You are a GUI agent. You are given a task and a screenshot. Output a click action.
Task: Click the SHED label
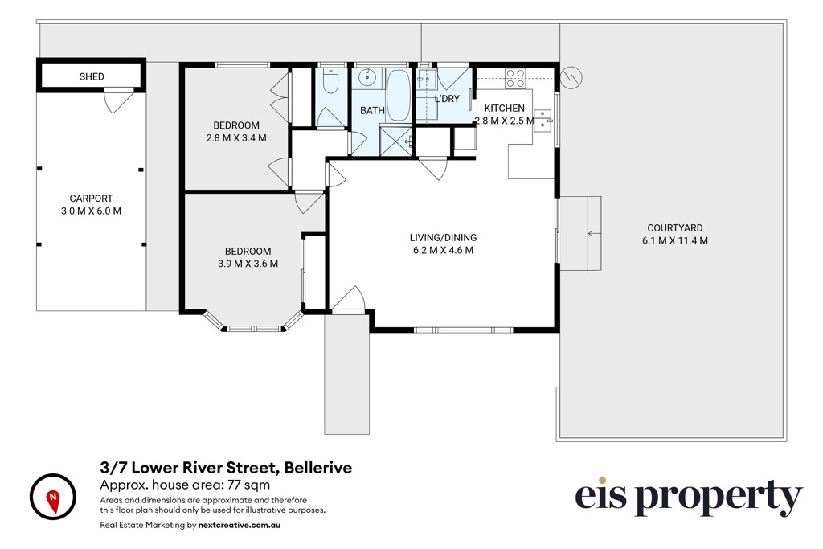(92, 76)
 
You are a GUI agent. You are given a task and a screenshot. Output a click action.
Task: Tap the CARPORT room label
(91, 199)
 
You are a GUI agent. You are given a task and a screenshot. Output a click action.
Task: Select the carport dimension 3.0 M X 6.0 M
(91, 211)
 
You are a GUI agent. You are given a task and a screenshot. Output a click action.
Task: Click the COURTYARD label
(674, 227)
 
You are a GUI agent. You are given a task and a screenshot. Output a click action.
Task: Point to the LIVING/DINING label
(443, 238)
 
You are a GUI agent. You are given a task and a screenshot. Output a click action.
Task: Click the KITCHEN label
(504, 109)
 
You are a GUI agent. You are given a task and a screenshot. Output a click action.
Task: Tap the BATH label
(372, 111)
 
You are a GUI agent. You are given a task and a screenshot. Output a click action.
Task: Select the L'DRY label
(447, 99)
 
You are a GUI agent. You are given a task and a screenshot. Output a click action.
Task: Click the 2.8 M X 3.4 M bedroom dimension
(236, 138)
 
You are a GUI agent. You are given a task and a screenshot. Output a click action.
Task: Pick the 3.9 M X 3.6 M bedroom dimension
(248, 264)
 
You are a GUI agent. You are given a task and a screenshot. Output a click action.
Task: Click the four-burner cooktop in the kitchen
(515, 78)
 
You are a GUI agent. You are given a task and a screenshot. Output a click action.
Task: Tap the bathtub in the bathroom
(398, 96)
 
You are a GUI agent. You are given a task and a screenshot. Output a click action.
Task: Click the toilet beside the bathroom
(330, 80)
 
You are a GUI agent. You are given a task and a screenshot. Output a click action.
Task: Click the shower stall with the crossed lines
(395, 141)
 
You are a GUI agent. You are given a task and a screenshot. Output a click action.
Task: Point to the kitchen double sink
(543, 121)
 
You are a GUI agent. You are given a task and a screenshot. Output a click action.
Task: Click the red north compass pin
(53, 502)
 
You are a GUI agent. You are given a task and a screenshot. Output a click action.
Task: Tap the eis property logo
(688, 497)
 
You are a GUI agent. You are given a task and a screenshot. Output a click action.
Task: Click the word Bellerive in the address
(318, 467)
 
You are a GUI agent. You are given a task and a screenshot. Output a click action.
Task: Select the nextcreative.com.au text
(240, 525)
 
